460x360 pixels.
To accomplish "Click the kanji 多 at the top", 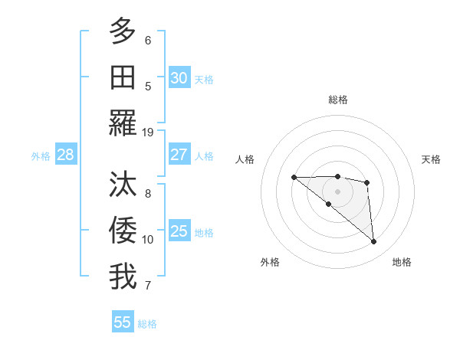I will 123,31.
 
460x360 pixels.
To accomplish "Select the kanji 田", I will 123,77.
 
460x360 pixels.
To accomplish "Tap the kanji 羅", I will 123,123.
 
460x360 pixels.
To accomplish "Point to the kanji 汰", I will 123,185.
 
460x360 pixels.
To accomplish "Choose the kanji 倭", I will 123,231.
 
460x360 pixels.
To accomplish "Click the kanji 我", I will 123,277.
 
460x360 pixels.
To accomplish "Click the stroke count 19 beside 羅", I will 148,133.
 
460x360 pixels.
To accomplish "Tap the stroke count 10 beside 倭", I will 148,240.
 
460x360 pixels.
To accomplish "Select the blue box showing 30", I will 179,78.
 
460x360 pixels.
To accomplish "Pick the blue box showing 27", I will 179,155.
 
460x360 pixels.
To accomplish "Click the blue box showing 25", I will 179,231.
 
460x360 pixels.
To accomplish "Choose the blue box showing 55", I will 123,322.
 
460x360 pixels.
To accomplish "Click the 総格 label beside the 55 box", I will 147,324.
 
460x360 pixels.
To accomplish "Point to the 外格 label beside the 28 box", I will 41,156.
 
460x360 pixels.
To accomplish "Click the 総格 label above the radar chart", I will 337,100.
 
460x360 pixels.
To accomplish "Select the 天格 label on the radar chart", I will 431,159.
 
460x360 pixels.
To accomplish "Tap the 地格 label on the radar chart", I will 402,262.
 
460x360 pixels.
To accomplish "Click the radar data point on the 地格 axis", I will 374,242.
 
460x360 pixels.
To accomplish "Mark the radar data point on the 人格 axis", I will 294,178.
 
